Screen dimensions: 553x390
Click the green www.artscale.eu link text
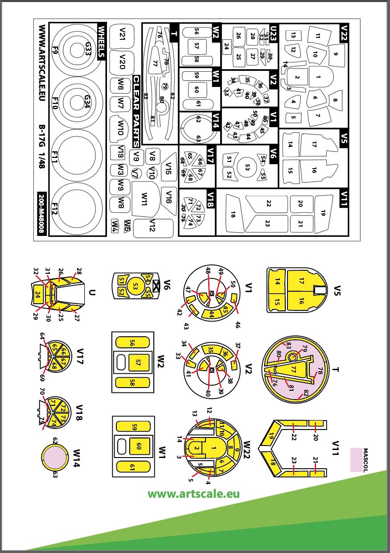coord(193,494)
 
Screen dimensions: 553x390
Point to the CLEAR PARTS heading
coord(136,111)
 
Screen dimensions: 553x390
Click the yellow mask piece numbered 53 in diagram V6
coord(135,286)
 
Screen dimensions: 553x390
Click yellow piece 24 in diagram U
coord(38,294)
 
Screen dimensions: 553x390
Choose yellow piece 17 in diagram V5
coord(301,281)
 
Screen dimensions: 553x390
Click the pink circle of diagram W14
coord(54,459)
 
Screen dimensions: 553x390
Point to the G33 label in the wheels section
coord(88,46)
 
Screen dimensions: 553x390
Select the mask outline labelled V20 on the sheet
coord(122,62)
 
